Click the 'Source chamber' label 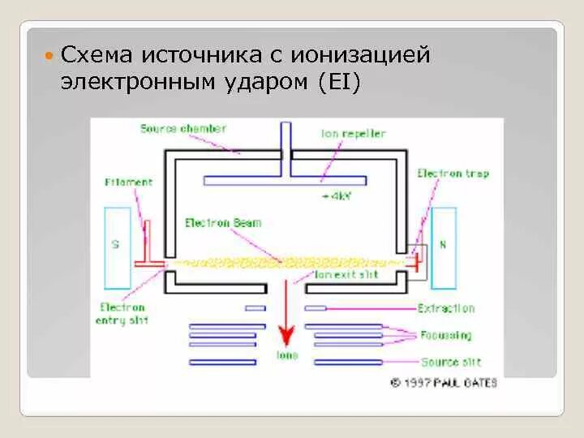click(182, 128)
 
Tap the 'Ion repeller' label click(353, 134)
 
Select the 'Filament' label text click(128, 182)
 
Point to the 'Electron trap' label click(453, 174)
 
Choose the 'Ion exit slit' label click(346, 275)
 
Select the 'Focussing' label click(445, 335)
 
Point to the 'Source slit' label click(450, 362)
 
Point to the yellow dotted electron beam click(284, 262)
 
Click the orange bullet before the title click(49, 56)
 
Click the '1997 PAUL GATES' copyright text click(444, 381)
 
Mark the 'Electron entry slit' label click(122, 314)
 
